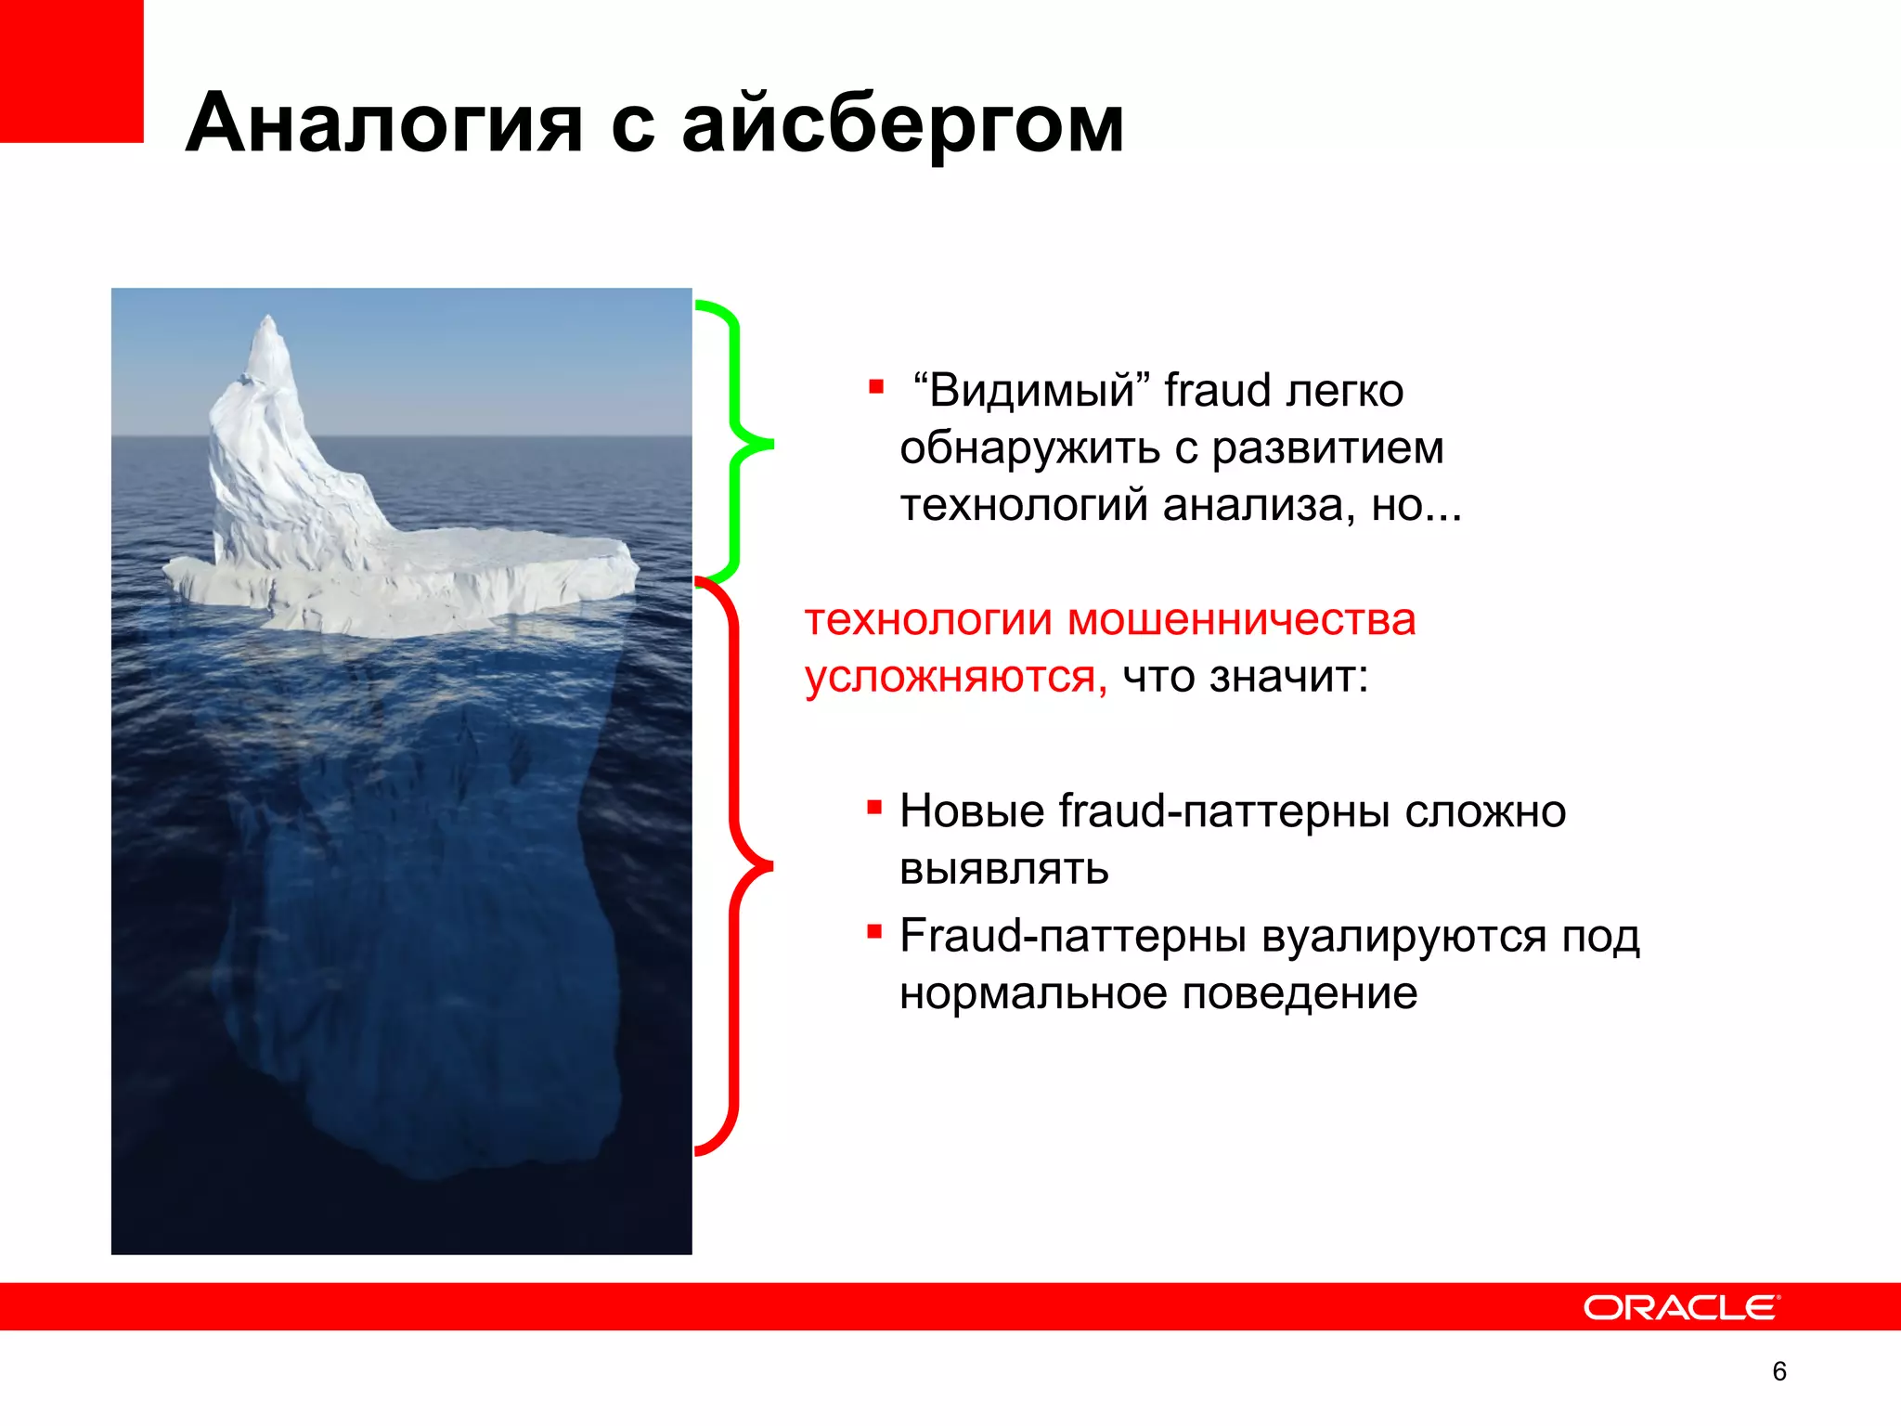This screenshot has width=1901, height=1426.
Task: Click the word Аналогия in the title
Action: point(383,123)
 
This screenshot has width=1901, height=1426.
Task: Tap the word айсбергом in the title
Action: point(902,123)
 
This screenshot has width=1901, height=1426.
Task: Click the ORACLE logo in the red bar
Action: point(1681,1307)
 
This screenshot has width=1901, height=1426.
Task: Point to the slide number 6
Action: point(1778,1371)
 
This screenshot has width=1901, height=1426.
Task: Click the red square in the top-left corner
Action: point(71,70)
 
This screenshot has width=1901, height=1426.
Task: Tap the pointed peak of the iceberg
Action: point(270,321)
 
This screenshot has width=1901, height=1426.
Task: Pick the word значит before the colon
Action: point(1284,676)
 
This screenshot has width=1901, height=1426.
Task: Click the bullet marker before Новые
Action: point(874,807)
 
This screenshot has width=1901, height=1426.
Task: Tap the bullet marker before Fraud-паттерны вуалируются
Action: point(874,931)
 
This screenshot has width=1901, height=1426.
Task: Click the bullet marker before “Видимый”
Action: point(876,386)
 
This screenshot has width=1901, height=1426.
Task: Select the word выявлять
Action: point(1004,869)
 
